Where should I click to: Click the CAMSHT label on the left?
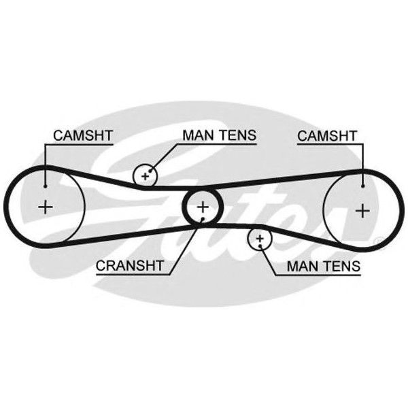pos(82,135)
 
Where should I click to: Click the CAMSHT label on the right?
pos(327,135)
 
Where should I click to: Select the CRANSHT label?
pos(129,265)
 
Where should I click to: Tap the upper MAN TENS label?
pos(219,135)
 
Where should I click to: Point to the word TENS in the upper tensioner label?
pos(237,135)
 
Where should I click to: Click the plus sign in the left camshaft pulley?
pos(46,207)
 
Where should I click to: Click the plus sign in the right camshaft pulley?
pos(363,208)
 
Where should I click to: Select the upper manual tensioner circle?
pos(145,175)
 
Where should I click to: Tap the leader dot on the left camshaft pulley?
pos(45,185)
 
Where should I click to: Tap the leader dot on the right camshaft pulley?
pos(364,185)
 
